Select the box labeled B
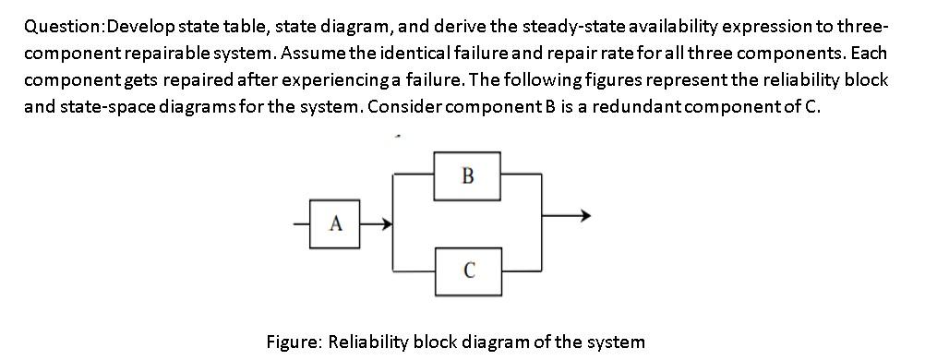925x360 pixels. coord(467,175)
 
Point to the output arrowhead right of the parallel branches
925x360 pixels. coord(581,217)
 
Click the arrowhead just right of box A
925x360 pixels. coord(388,222)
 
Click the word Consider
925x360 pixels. coord(407,106)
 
